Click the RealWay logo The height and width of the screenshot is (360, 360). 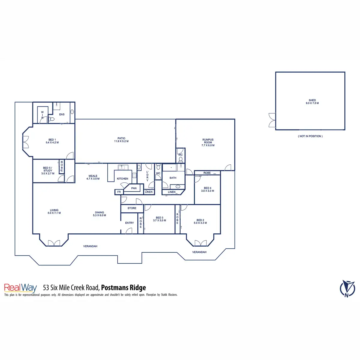tap(20, 288)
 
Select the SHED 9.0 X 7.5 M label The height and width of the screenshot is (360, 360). tap(312, 102)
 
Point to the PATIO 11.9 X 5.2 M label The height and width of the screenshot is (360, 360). tap(121, 140)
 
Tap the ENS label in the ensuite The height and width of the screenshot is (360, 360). tap(62, 114)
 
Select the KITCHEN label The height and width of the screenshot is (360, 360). tap(122, 178)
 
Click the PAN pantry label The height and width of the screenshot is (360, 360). tap(134, 188)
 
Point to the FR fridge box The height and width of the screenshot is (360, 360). tap(119, 192)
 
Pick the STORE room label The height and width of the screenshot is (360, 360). tap(132, 208)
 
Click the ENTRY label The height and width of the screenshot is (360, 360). tap(129, 223)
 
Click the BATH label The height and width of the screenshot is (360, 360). tap(173, 178)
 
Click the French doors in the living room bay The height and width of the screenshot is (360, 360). tap(54, 243)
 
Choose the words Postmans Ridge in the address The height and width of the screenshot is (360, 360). tap(124, 288)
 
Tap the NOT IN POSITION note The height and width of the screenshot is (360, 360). tap(310, 136)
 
